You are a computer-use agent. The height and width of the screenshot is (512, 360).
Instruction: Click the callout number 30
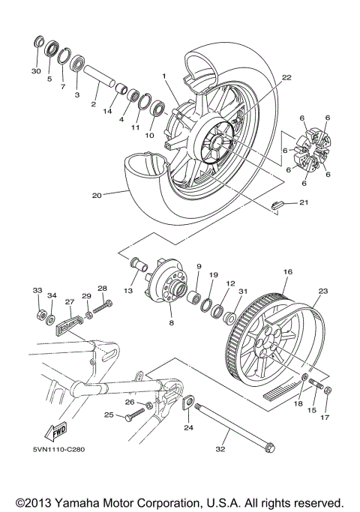pos(35,71)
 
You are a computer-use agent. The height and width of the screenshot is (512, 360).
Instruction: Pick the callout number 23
pos(323,292)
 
